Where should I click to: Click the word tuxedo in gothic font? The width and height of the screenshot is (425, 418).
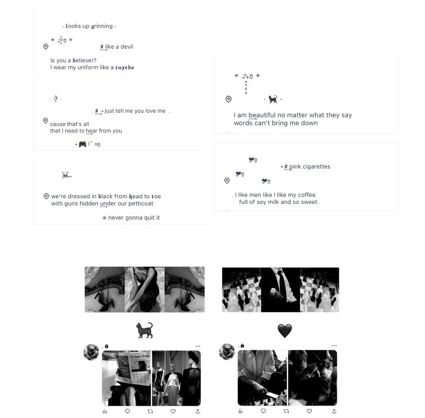[x=125, y=67]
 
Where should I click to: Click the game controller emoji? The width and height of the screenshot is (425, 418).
[x=82, y=144]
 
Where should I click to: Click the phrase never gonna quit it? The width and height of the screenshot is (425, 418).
[x=134, y=218]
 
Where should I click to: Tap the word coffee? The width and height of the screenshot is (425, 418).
[x=306, y=195]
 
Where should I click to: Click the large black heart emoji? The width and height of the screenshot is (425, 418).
[x=284, y=331]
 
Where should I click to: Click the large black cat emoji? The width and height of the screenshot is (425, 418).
[x=144, y=330]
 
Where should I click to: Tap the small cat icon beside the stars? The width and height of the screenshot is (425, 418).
[x=273, y=99]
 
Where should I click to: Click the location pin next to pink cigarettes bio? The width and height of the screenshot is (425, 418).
[x=227, y=180]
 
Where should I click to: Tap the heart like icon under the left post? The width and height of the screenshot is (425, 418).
[x=173, y=411]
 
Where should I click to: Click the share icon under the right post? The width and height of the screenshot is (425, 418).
[x=334, y=411]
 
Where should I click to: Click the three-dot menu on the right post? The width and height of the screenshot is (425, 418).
[x=334, y=346]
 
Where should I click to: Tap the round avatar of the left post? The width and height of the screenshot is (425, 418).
[x=91, y=352]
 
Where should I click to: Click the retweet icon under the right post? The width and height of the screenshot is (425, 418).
[x=286, y=411]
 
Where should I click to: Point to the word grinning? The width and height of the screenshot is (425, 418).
[x=102, y=26]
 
